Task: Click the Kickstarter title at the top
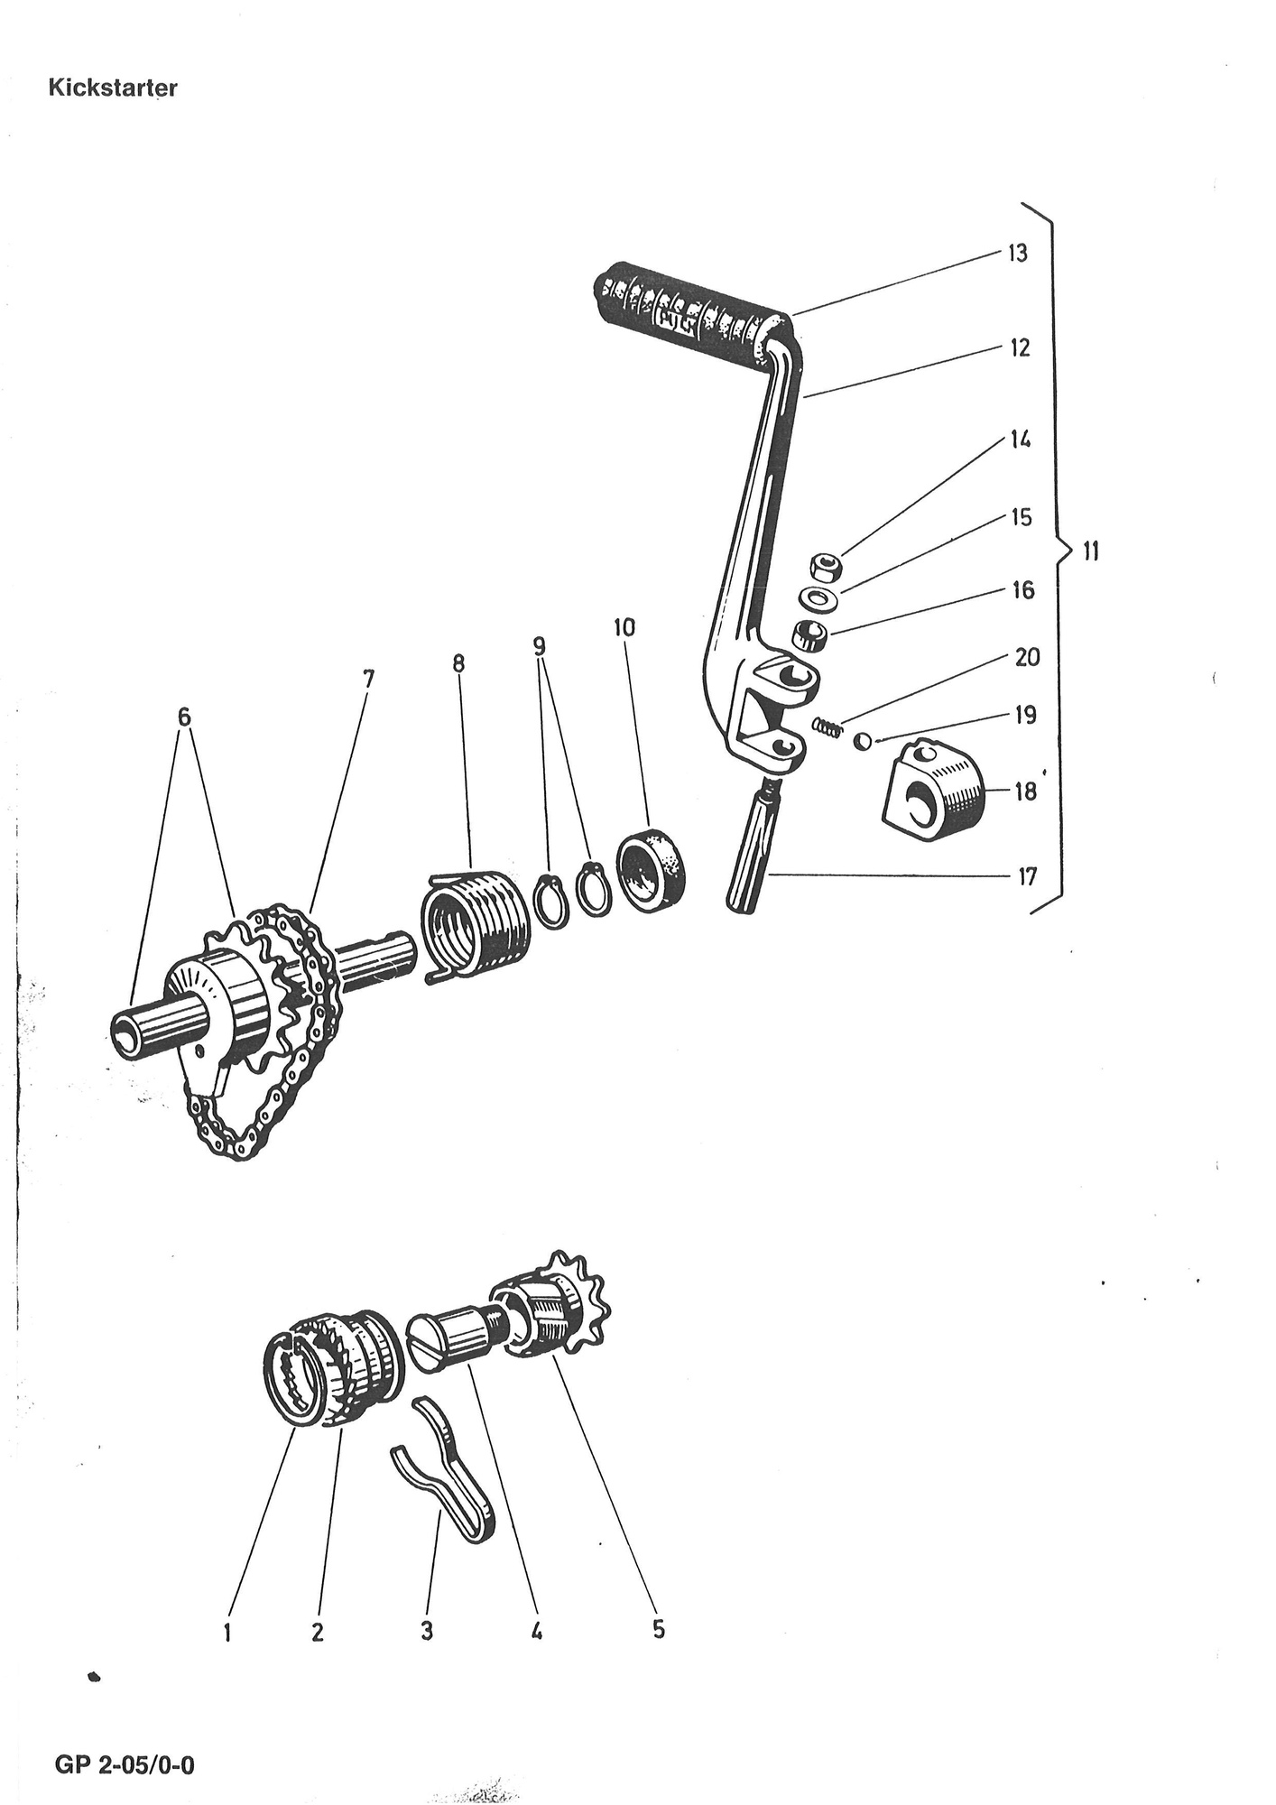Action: click(113, 88)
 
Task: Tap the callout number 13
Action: click(1017, 254)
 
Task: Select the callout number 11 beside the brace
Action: click(1090, 551)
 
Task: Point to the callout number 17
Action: click(1027, 875)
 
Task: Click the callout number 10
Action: click(624, 627)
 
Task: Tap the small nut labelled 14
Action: click(824, 569)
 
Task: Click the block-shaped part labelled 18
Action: click(934, 783)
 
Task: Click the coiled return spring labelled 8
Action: click(475, 925)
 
